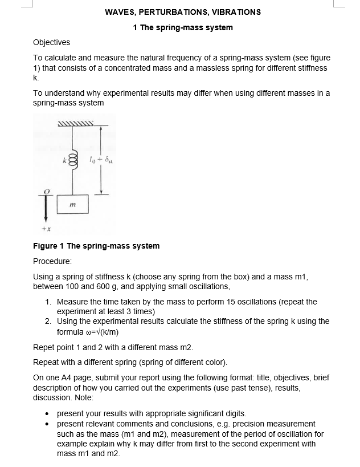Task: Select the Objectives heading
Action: (52, 42)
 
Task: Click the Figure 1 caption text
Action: (96, 246)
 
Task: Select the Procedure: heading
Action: (52, 261)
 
